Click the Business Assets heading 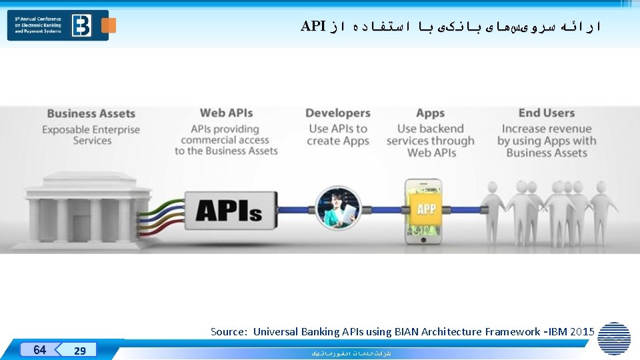click(x=91, y=114)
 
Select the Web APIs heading click(x=227, y=113)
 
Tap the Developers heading click(x=337, y=113)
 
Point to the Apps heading click(x=430, y=113)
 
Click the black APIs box click(x=229, y=211)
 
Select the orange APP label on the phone click(x=426, y=209)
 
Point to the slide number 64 click(x=39, y=349)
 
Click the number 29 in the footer click(x=79, y=351)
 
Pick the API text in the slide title click(x=313, y=26)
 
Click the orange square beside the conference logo click(x=109, y=25)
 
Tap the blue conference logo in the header click(x=57, y=25)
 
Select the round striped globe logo click(x=614, y=338)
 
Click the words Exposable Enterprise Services click(x=91, y=135)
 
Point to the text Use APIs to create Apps click(x=337, y=135)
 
